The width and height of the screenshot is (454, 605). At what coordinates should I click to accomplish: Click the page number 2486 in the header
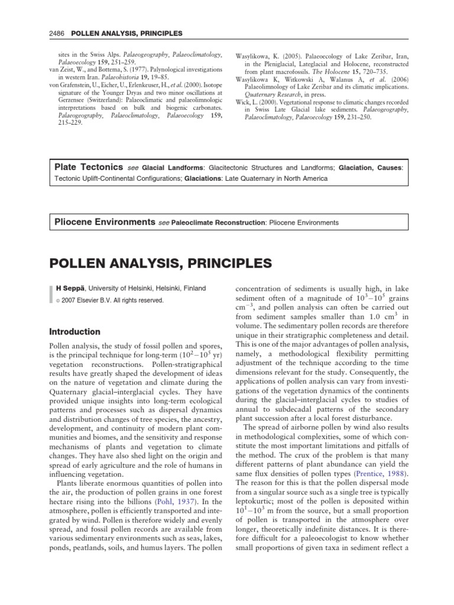pyautogui.click(x=57, y=32)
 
